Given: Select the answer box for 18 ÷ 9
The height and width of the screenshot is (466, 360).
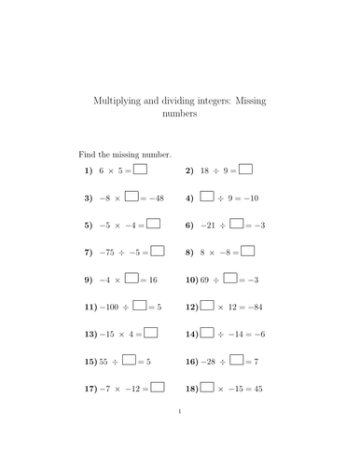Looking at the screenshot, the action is pyautogui.click(x=247, y=170).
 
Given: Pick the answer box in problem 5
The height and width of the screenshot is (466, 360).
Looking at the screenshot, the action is pyautogui.click(x=153, y=224).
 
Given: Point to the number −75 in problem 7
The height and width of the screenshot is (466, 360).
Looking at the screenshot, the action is pyautogui.click(x=108, y=252).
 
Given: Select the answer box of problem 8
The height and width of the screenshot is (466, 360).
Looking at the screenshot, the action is pyautogui.click(x=248, y=251).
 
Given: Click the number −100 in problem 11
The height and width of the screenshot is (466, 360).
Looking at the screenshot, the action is pyautogui.click(x=110, y=306).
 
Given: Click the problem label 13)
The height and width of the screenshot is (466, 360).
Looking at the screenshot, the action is pyautogui.click(x=90, y=333).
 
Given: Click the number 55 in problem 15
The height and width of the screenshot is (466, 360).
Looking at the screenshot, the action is pyautogui.click(x=105, y=360).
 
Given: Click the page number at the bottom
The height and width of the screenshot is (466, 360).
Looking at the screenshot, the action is pyautogui.click(x=180, y=434).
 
